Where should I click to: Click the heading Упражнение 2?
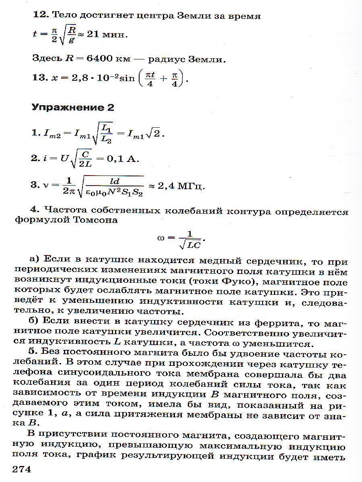pyautogui.click(x=73, y=108)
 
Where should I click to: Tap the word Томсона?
pyautogui.click(x=95, y=220)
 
